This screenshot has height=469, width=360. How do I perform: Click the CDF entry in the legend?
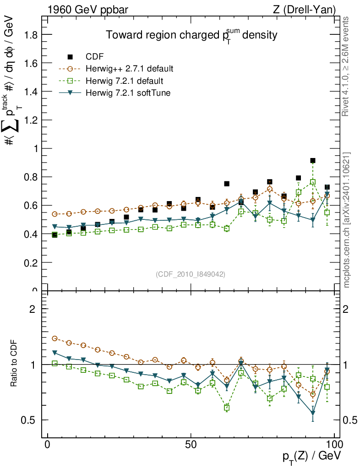[94, 57]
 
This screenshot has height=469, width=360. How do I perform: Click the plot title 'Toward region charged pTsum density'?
[192, 35]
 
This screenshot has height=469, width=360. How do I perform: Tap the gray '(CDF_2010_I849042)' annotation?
[191, 274]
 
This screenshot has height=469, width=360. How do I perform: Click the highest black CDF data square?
[313, 161]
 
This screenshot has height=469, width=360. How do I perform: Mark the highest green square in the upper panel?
[313, 182]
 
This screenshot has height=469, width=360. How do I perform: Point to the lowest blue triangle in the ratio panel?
[313, 413]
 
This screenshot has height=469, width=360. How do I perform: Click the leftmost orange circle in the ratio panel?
[55, 338]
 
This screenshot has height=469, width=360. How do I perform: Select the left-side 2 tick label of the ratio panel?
[33, 309]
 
